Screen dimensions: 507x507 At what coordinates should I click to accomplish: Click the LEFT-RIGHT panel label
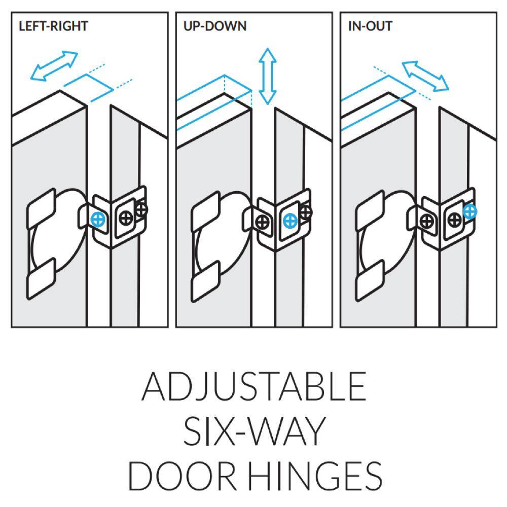point(53,26)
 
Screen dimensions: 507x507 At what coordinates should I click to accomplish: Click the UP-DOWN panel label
point(215,26)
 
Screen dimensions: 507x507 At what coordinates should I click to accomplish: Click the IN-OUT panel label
point(370,26)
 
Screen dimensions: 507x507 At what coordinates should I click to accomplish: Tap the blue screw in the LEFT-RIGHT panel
point(98,220)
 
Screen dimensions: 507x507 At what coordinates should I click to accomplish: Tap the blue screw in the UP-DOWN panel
point(290,221)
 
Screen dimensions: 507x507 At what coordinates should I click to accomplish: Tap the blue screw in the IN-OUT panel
point(470,212)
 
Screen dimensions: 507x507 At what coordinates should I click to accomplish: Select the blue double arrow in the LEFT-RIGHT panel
point(54,65)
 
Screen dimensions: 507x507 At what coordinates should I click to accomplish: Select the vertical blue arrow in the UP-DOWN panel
point(267,77)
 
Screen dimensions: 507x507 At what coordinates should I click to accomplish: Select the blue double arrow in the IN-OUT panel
point(425,76)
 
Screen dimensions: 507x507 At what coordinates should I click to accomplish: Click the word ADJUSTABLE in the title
point(254,386)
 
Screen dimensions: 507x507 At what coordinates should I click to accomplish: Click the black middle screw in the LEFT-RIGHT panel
point(126,218)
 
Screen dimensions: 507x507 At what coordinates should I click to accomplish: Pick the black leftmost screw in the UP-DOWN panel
point(262,222)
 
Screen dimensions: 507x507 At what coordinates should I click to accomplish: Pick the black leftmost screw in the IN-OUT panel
point(427,222)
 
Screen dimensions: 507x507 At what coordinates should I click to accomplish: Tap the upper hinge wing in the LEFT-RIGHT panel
point(42,208)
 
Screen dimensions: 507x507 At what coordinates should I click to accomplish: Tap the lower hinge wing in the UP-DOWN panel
point(206,281)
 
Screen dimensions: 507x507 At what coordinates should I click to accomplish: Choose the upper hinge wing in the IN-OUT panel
point(370,210)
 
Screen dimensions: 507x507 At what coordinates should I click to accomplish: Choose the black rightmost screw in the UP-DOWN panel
point(305,212)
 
